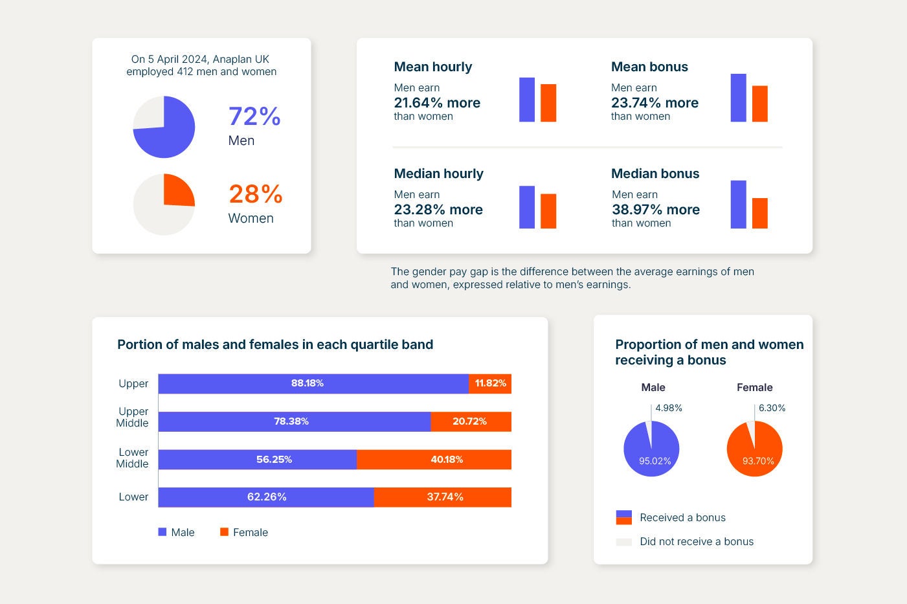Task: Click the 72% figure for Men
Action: click(x=254, y=117)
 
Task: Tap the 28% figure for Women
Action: click(x=255, y=194)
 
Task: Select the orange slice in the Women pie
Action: click(x=177, y=190)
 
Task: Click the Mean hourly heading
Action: click(x=432, y=67)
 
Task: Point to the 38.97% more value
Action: click(x=655, y=210)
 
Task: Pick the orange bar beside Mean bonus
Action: click(x=759, y=104)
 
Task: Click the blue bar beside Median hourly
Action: click(x=527, y=207)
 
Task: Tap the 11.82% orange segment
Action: click(x=490, y=383)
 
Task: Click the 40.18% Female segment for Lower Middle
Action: click(x=434, y=460)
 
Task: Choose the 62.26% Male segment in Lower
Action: click(x=266, y=497)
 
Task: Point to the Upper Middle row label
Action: click(x=133, y=418)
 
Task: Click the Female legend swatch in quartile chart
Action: click(x=224, y=532)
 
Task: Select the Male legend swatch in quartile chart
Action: click(x=162, y=532)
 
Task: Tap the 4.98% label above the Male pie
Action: click(x=668, y=408)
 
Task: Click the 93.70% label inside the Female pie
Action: click(x=758, y=461)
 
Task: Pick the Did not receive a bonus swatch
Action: click(x=623, y=542)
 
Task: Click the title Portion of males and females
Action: click(x=275, y=344)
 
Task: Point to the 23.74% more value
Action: click(x=655, y=103)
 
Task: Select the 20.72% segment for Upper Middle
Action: click(x=471, y=421)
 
